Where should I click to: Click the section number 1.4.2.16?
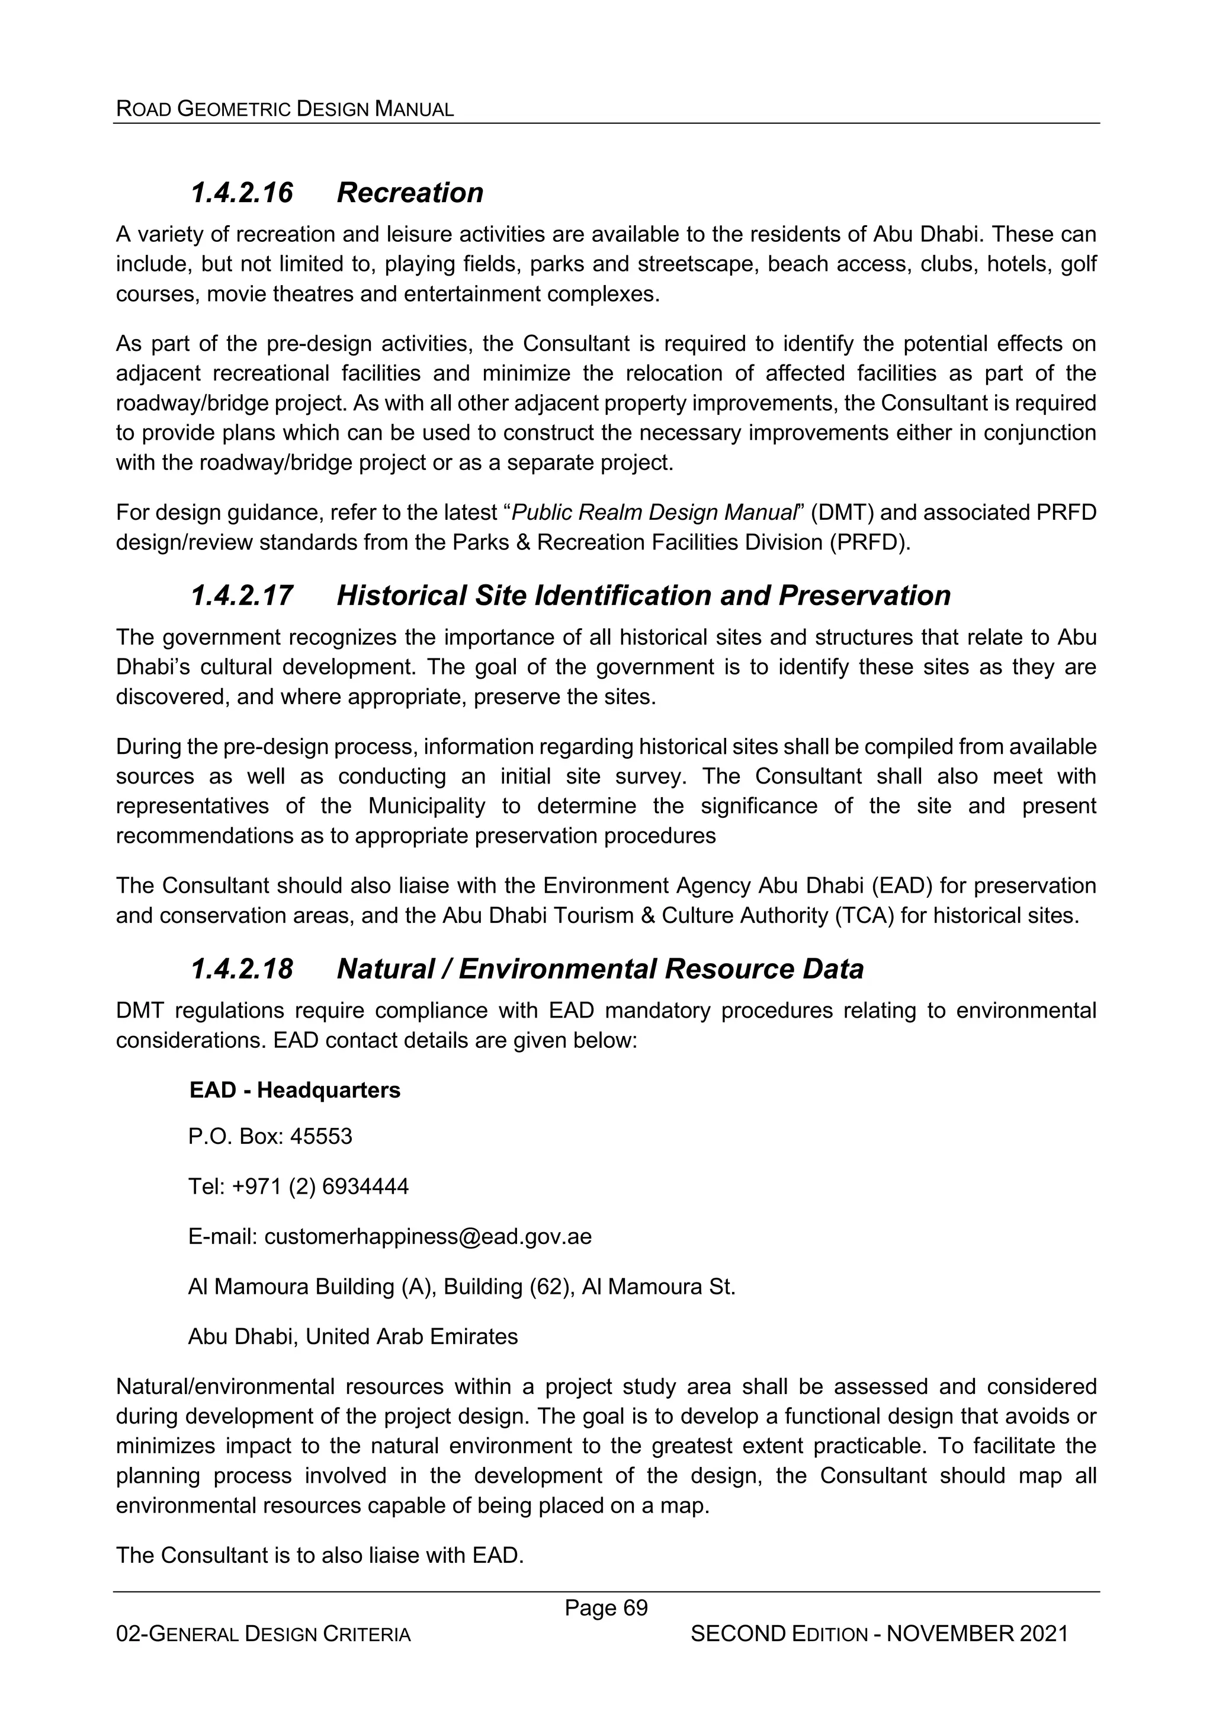[x=242, y=193]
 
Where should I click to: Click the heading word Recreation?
[x=409, y=193]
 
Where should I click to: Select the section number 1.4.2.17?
[x=242, y=595]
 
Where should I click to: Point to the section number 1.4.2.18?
[x=242, y=968]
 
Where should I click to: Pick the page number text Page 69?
[x=605, y=1607]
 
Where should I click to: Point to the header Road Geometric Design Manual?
[x=285, y=109]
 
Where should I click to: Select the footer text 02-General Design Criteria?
[x=263, y=1635]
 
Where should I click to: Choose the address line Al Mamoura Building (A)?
[x=312, y=1286]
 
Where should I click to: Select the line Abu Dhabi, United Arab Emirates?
[x=353, y=1336]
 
